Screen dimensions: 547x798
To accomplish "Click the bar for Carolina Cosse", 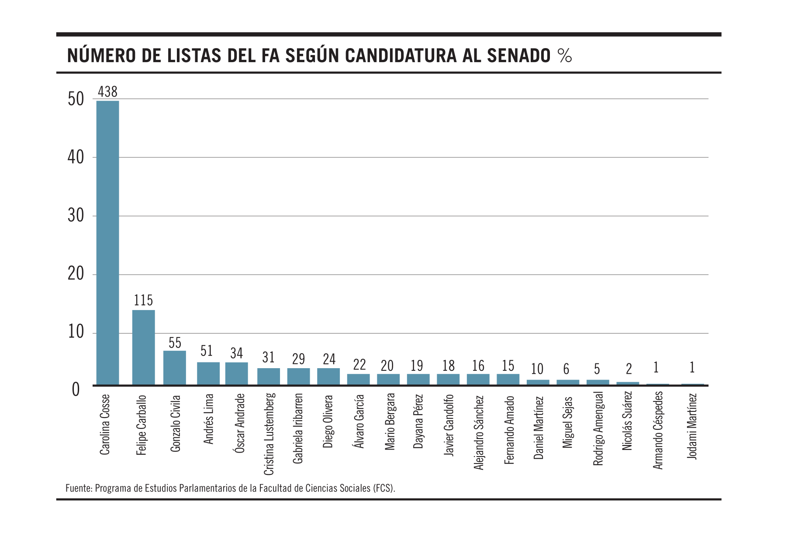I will [107, 243].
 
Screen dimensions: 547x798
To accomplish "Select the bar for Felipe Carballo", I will [143, 347].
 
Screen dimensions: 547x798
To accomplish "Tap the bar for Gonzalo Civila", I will [174, 368].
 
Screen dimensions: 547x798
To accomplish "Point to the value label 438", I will [107, 92].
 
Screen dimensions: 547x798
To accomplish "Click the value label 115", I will [143, 300].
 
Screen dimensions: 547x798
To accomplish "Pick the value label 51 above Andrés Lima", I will [207, 351].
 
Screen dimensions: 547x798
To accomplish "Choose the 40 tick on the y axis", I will [76, 157].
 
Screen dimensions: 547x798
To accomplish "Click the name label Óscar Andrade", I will [239, 423].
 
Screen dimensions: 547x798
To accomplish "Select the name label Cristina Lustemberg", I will [269, 434].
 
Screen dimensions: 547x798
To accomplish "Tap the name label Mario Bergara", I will [390, 422].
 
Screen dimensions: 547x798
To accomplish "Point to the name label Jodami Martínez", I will [692, 426].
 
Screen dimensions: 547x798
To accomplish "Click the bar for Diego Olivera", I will [328, 376].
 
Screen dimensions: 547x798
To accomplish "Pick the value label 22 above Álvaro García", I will [359, 365].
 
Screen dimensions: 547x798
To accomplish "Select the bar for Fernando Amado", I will [508, 379].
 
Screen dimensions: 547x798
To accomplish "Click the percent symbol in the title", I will [564, 56].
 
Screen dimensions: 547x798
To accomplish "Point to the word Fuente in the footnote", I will [78, 488].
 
